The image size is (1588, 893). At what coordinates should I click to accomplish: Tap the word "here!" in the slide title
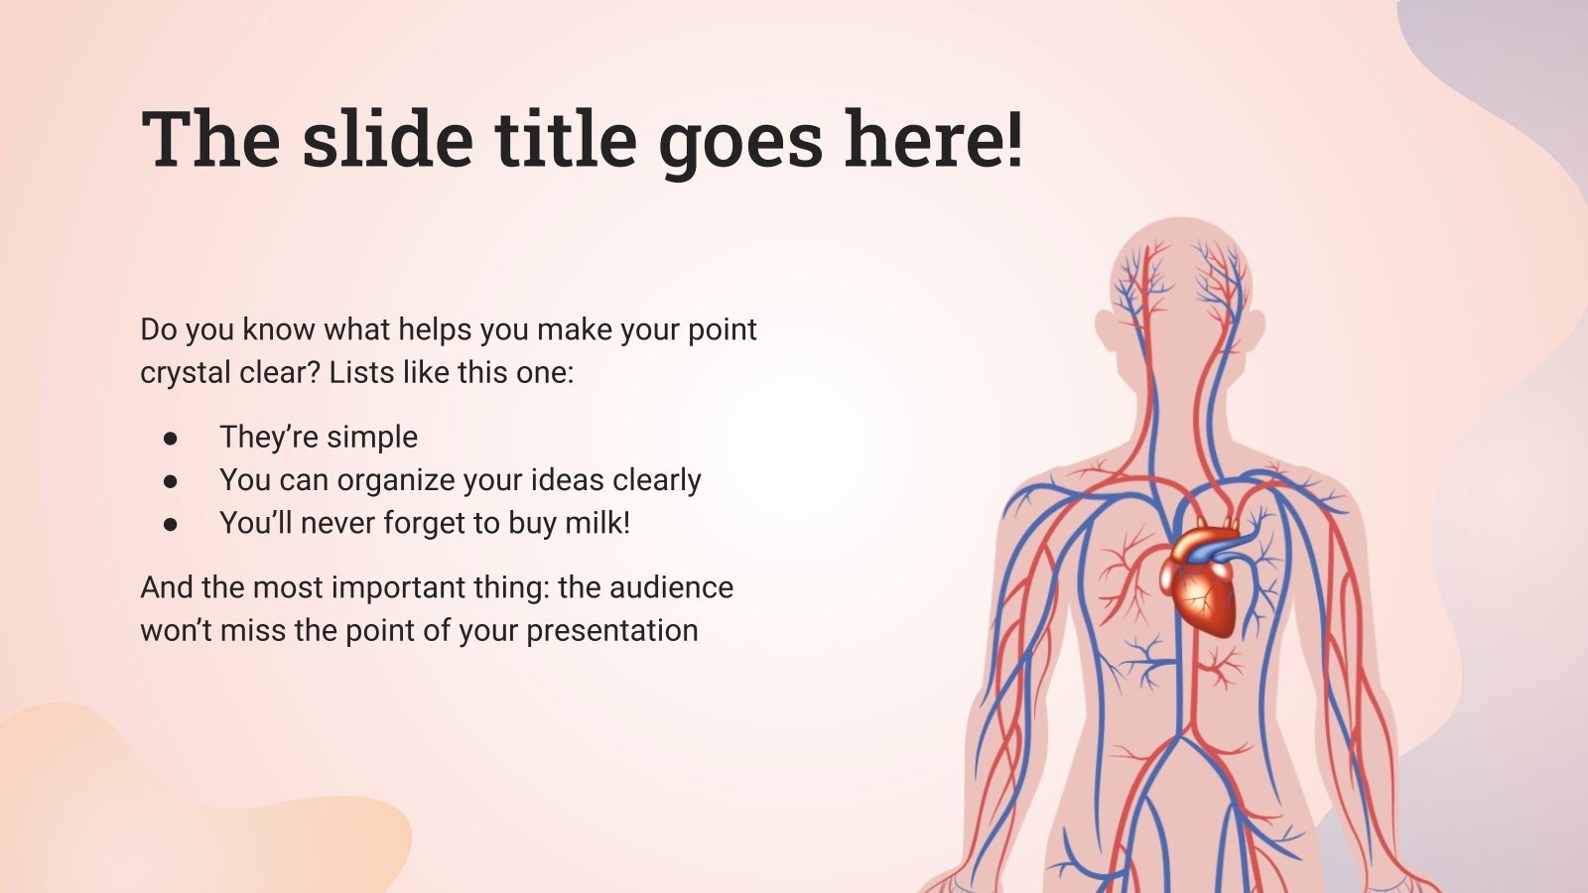[934, 139]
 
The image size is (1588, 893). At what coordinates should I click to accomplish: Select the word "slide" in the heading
[387, 139]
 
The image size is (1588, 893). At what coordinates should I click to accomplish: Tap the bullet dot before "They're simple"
[171, 438]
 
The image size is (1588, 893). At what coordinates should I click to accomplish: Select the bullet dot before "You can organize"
[171, 480]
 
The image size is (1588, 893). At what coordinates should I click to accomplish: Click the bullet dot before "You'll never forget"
[171, 524]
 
